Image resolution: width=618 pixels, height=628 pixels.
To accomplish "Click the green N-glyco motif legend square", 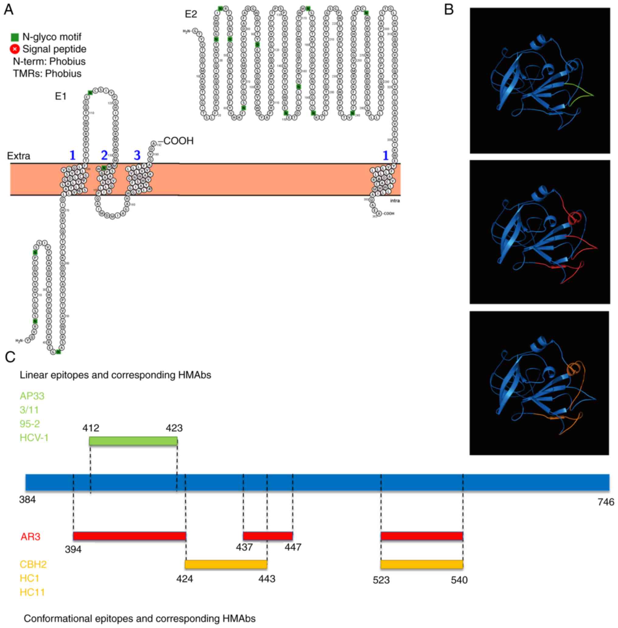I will (x=15, y=37).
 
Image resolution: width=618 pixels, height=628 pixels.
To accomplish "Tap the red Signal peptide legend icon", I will (x=15, y=49).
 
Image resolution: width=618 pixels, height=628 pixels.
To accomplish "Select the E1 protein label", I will (x=61, y=96).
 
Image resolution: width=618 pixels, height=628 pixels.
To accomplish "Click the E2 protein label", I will (x=191, y=14).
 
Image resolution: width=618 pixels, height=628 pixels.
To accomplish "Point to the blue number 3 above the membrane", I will (x=137, y=155).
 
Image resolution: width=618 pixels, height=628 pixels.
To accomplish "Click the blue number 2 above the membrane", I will (x=104, y=155).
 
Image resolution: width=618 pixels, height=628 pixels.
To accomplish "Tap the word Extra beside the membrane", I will (x=19, y=156).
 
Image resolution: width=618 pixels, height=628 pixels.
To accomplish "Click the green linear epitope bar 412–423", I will (x=133, y=441).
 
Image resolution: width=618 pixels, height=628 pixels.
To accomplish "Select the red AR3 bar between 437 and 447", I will (x=268, y=536).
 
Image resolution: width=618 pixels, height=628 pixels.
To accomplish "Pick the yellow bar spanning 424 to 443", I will (x=226, y=564).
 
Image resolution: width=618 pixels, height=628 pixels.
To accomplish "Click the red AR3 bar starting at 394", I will (x=129, y=536).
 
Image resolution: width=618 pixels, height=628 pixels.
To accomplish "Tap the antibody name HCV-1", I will (x=34, y=438).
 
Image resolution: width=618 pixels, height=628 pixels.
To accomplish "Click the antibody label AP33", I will (x=32, y=396).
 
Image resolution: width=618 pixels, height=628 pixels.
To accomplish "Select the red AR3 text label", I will (x=30, y=536).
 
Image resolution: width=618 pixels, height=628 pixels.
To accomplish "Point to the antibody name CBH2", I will (x=33, y=564).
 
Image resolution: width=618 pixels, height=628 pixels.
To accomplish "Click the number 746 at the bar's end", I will (x=606, y=502).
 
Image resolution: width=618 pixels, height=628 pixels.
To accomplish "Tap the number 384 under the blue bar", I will (x=27, y=499).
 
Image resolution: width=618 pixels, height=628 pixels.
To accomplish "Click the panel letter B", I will (x=449, y=10).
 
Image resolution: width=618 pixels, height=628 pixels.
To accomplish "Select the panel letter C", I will (x=10, y=357).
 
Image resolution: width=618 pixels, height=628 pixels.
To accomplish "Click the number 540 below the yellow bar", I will (x=459, y=580).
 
